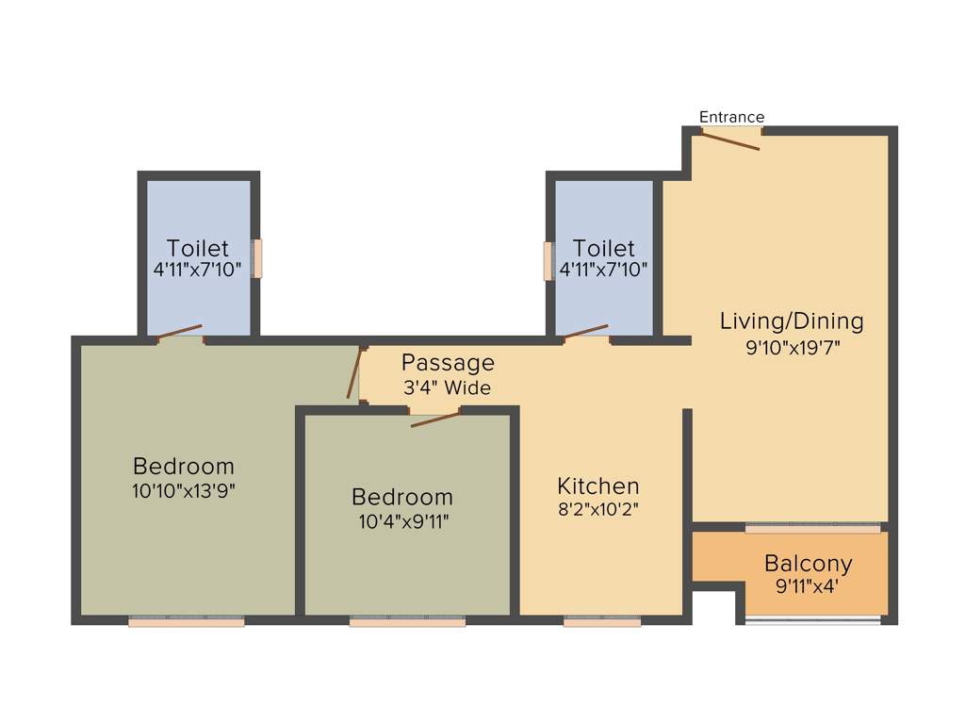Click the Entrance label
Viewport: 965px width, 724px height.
pyautogui.click(x=731, y=117)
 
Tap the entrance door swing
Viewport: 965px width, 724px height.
pyautogui.click(x=729, y=140)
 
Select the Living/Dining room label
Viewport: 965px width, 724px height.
pyautogui.click(x=792, y=321)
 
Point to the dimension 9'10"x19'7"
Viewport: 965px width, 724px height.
pyautogui.click(x=792, y=347)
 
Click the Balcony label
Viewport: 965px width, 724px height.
pyautogui.click(x=809, y=564)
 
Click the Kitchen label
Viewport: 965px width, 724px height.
pyautogui.click(x=598, y=486)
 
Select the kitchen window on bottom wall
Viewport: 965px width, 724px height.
pyautogui.click(x=602, y=621)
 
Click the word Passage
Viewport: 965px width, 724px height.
pyautogui.click(x=448, y=362)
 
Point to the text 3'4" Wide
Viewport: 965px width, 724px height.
pyautogui.click(x=448, y=387)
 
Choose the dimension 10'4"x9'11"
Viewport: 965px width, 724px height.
pyautogui.click(x=402, y=521)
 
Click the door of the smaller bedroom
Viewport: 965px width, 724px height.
pyautogui.click(x=434, y=418)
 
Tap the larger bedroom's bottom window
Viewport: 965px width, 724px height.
pyautogui.click(x=187, y=621)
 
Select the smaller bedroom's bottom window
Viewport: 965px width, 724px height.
pyautogui.click(x=407, y=621)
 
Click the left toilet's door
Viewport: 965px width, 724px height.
pyautogui.click(x=179, y=331)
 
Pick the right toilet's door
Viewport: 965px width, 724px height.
pyautogui.click(x=585, y=331)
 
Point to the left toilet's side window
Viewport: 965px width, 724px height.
pyautogui.click(x=256, y=258)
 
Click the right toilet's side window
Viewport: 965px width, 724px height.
pyautogui.click(x=548, y=261)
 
